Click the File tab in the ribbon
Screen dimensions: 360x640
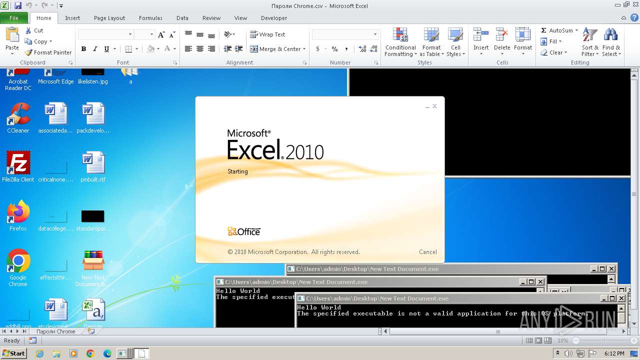14,18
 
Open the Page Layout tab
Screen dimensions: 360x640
109,18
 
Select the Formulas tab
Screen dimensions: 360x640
150,18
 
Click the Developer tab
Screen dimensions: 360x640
274,18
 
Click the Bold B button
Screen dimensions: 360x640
83,49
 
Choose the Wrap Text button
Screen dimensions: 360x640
268,34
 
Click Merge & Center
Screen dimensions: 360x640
275,49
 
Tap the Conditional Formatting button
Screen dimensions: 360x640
400,42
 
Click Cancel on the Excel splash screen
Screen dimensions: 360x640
427,252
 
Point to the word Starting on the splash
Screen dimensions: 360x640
237,171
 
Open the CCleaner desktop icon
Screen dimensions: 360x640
18,118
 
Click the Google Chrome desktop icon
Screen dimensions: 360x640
18,265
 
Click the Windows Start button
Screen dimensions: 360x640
13,353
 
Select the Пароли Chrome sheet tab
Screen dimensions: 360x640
55,331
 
